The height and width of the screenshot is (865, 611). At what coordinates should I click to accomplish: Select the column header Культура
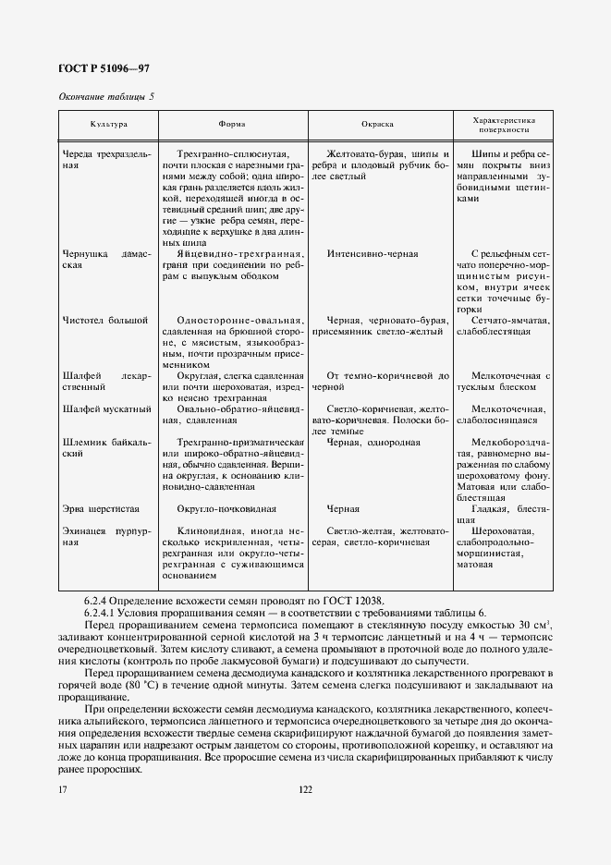[x=108, y=124]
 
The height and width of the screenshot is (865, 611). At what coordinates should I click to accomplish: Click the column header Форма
[x=232, y=124]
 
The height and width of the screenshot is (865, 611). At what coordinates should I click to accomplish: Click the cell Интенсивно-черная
[x=372, y=253]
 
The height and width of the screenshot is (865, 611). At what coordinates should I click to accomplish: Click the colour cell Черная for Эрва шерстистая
[x=343, y=509]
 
